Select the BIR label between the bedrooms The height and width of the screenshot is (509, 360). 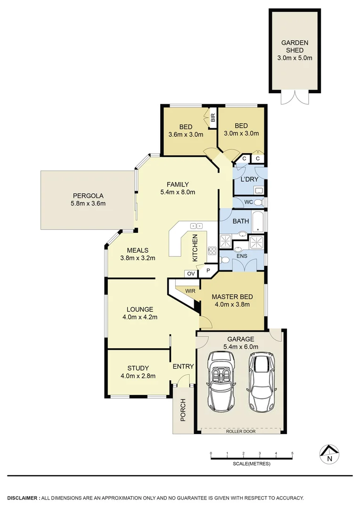click(213, 118)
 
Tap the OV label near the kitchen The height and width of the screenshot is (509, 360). click(191, 273)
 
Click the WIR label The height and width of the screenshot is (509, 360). click(190, 291)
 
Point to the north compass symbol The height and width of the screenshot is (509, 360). click(329, 454)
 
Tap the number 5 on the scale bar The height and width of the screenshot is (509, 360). click(292, 453)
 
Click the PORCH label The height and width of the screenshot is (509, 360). click(183, 410)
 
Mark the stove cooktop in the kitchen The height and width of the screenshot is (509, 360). click(212, 250)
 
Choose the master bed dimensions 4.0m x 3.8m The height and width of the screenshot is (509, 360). click(232, 304)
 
